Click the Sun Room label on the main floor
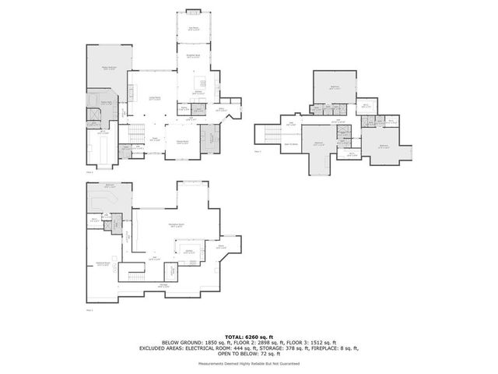(x=193, y=29)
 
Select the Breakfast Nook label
(x=193, y=56)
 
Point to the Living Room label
(x=155, y=98)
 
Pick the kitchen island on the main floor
(x=195, y=80)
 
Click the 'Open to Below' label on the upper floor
(x=291, y=144)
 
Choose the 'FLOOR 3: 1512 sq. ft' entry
(x=311, y=342)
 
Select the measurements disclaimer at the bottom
(x=248, y=364)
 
